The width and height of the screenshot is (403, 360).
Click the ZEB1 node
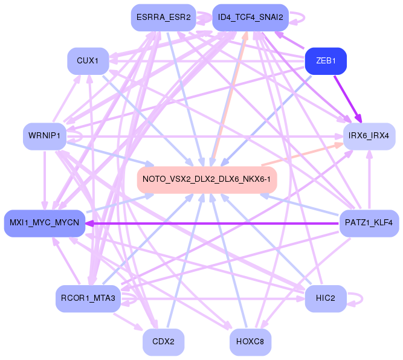326,61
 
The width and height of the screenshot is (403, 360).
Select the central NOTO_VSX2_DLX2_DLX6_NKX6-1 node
207,180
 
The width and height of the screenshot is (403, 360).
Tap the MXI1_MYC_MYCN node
43,223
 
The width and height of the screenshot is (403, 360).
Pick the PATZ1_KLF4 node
369,223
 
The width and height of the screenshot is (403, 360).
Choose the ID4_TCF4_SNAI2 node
250,18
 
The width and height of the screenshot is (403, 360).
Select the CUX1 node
88,61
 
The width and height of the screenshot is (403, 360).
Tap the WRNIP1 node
44,136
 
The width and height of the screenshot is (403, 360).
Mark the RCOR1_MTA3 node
88,298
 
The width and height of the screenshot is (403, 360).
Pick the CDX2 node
163,342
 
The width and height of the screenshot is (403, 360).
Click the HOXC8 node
250,342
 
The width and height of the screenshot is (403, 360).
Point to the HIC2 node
325,298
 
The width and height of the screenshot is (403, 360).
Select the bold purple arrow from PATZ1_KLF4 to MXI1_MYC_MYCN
211,223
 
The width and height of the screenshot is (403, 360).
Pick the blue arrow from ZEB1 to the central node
266,120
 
